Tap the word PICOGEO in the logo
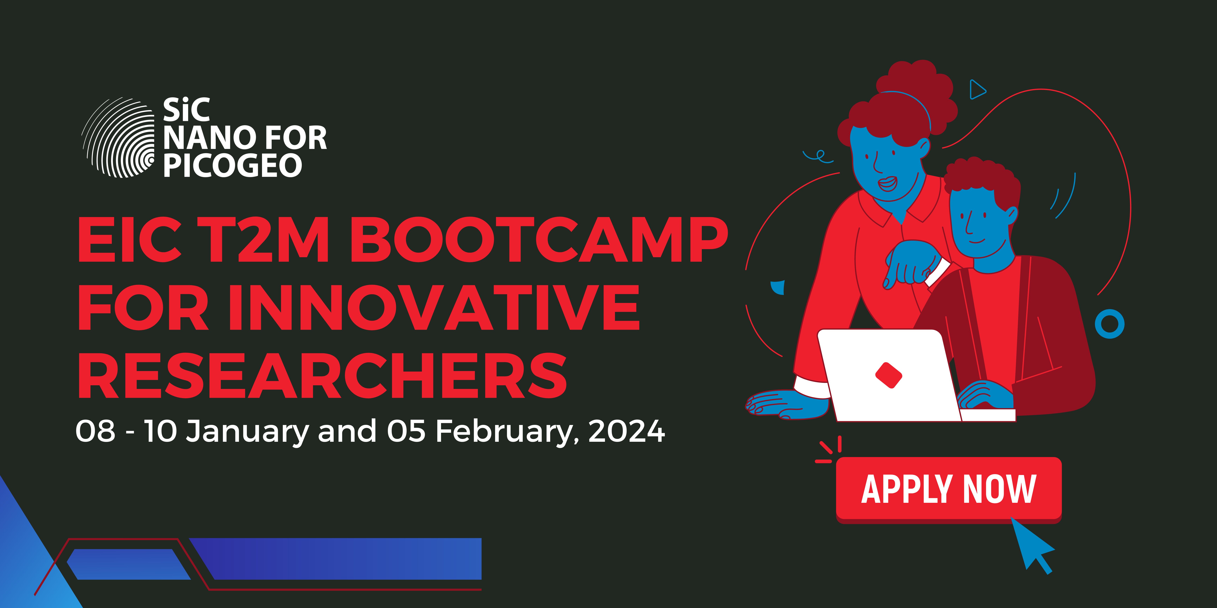(x=232, y=165)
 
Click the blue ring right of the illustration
(x=1110, y=324)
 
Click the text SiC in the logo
(x=186, y=110)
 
